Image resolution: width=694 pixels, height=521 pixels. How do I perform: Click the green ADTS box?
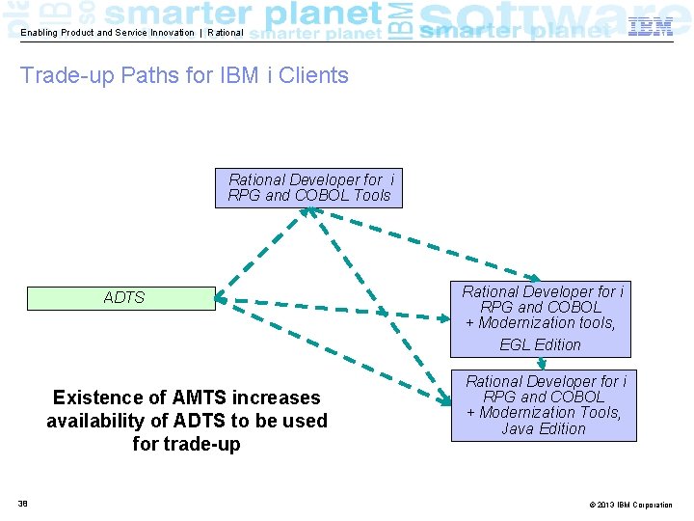(x=120, y=298)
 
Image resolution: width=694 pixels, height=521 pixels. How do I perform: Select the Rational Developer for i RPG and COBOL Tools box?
(x=308, y=188)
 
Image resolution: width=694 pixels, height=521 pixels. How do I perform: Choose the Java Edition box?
(x=544, y=406)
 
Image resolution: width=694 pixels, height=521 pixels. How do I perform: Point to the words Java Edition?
(x=544, y=429)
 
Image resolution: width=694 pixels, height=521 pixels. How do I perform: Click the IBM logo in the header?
(x=651, y=27)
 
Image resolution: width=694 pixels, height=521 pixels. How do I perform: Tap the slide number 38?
(x=22, y=504)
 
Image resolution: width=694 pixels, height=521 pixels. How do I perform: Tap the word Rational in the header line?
(x=226, y=33)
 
